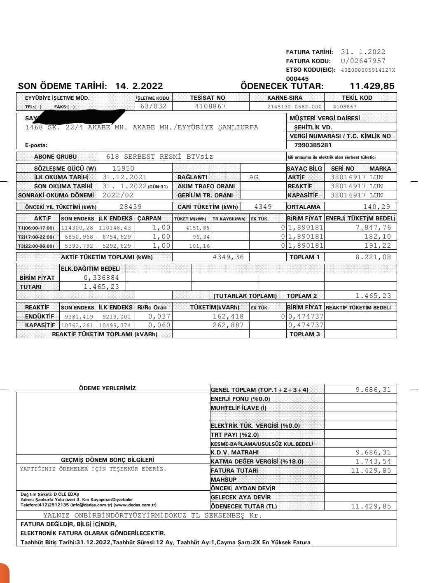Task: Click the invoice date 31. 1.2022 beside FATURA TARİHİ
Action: coord(363,52)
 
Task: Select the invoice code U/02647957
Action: coord(363,61)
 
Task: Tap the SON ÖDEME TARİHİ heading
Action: coord(62,86)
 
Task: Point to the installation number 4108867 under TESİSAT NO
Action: coord(210,106)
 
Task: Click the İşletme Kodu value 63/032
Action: coord(154,106)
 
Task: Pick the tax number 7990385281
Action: coord(313,145)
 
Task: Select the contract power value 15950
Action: coord(123,169)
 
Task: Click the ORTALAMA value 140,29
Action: coord(376,207)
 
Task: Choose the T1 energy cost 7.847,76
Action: coord(373,227)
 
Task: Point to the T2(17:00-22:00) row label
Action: coord(36,237)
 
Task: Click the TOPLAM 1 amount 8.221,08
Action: coord(373,257)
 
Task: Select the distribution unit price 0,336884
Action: coord(101,278)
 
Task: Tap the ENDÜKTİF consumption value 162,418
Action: coord(228,316)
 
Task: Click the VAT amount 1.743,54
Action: coord(373,461)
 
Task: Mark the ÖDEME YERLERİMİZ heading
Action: coord(107,388)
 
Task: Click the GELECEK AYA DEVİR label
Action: coord(241,497)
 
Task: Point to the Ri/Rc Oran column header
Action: coord(152,307)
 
